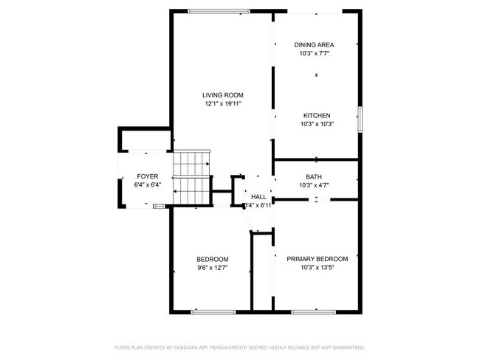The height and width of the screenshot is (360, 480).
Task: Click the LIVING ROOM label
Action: [x=224, y=95]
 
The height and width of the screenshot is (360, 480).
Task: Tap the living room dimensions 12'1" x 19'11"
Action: [x=224, y=104]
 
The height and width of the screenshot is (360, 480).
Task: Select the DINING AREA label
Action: [x=314, y=45]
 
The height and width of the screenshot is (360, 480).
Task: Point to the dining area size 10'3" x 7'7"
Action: [x=314, y=54]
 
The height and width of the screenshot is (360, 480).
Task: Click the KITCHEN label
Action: [x=317, y=115]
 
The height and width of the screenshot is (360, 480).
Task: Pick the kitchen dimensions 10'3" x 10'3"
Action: [x=317, y=124]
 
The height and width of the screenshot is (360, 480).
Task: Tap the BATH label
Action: [x=314, y=177]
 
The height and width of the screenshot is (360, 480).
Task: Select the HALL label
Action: [x=258, y=197]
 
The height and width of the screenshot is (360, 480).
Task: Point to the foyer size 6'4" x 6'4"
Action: [x=148, y=185]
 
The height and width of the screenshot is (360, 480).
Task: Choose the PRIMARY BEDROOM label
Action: [x=317, y=259]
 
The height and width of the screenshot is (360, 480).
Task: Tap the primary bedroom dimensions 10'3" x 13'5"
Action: [x=317, y=268]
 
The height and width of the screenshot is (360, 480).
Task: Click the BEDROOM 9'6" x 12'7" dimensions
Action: [x=212, y=268]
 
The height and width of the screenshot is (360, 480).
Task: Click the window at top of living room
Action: [x=219, y=10]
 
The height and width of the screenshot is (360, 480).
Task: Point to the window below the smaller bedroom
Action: [x=213, y=312]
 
